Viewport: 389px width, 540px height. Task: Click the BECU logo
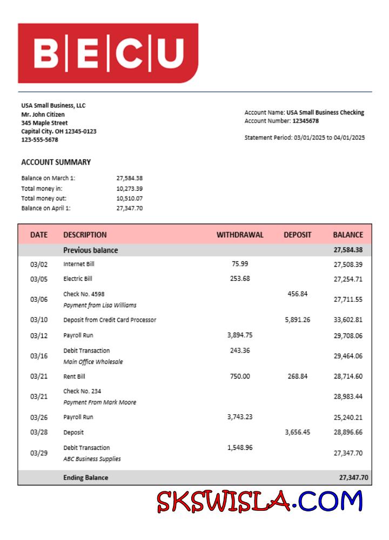pyautogui.click(x=108, y=53)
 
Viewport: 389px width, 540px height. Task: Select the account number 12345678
pyautogui.click(x=305, y=121)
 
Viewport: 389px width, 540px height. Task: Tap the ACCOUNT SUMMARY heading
pyautogui.click(x=56, y=162)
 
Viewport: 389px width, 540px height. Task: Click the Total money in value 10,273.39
pyautogui.click(x=129, y=188)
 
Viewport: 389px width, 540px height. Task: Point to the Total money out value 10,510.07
pyautogui.click(x=129, y=198)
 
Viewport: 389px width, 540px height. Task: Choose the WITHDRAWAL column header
pyautogui.click(x=240, y=235)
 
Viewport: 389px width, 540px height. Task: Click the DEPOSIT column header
pyautogui.click(x=298, y=235)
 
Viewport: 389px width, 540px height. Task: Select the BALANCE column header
pyautogui.click(x=348, y=235)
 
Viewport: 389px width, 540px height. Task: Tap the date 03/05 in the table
pyautogui.click(x=39, y=279)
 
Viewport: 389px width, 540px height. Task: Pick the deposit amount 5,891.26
pyautogui.click(x=298, y=320)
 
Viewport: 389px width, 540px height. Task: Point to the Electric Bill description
pyautogui.click(x=78, y=279)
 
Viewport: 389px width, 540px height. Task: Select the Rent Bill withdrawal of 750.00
pyautogui.click(x=240, y=376)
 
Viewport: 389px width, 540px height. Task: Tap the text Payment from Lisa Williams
pyautogui.click(x=100, y=305)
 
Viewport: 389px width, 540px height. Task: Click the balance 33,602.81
pyautogui.click(x=348, y=320)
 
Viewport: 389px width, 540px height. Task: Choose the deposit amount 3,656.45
pyautogui.click(x=298, y=432)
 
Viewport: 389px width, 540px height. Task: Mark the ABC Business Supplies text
pyautogui.click(x=92, y=459)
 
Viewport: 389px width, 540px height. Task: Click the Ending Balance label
pyautogui.click(x=85, y=477)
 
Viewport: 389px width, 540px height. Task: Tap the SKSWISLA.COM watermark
pyautogui.click(x=260, y=501)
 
